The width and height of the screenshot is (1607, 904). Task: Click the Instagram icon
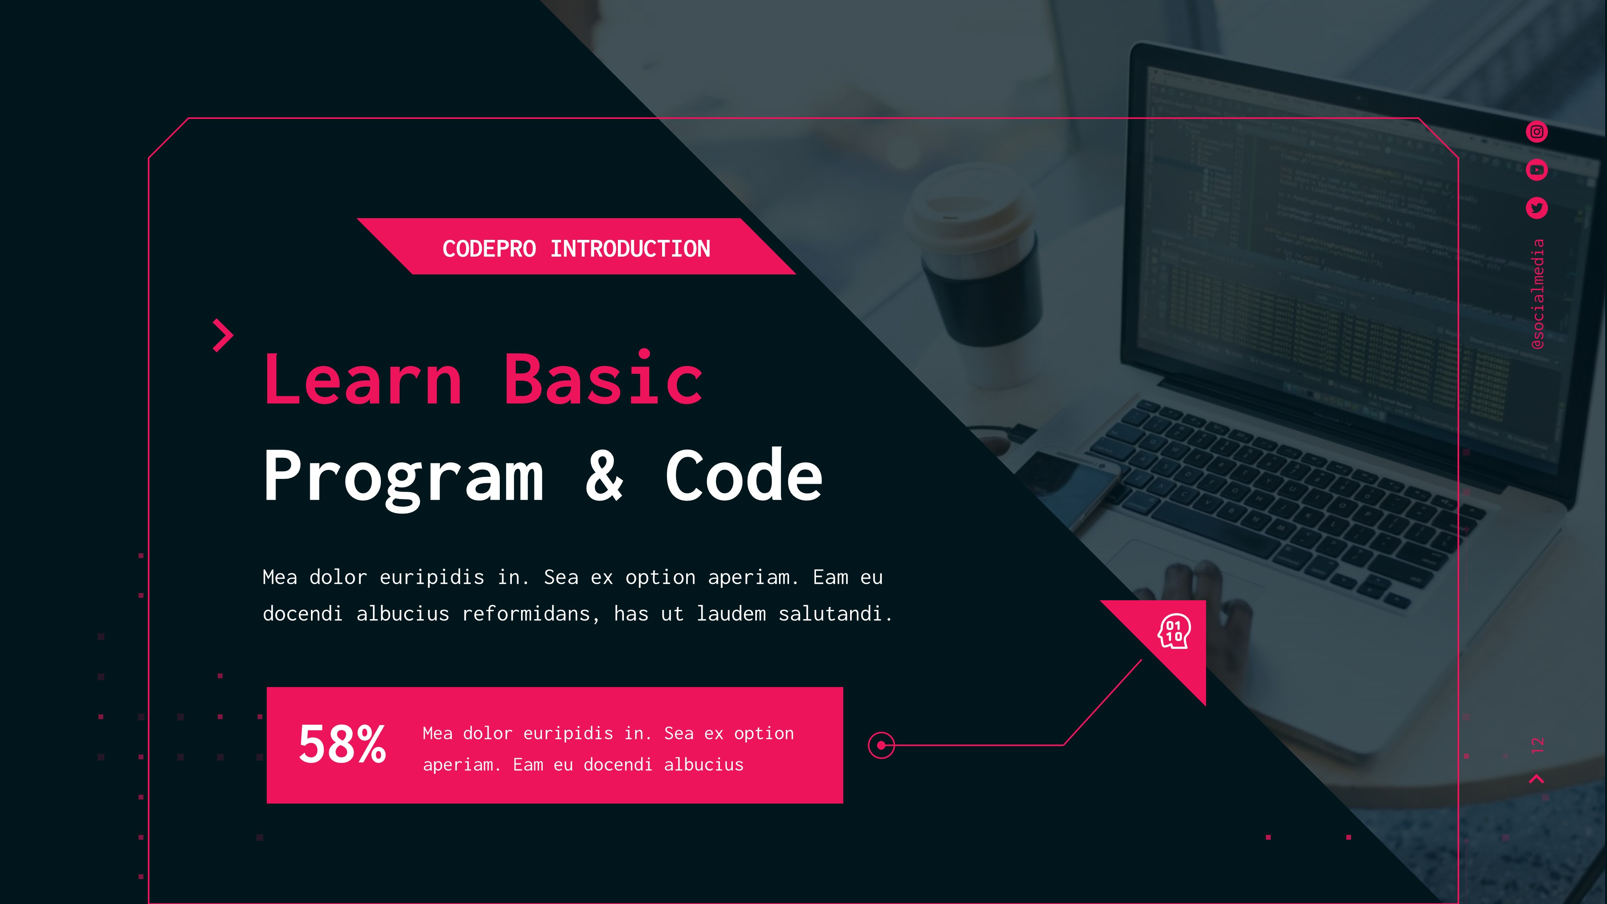[1537, 132]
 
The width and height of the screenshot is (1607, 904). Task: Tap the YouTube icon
[1537, 170]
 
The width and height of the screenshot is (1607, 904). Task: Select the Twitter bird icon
[1537, 208]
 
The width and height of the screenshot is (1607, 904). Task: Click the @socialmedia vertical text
[1538, 294]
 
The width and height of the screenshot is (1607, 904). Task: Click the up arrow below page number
[1537, 779]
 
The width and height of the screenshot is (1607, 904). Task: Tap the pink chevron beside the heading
[223, 335]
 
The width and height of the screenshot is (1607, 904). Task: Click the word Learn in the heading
[363, 379]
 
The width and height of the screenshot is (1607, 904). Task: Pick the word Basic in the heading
[603, 379]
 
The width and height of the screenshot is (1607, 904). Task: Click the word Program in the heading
[404, 477]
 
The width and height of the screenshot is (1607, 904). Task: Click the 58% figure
[342, 744]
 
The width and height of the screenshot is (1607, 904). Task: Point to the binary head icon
[1174, 631]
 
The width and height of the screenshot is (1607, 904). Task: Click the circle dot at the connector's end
[881, 745]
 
